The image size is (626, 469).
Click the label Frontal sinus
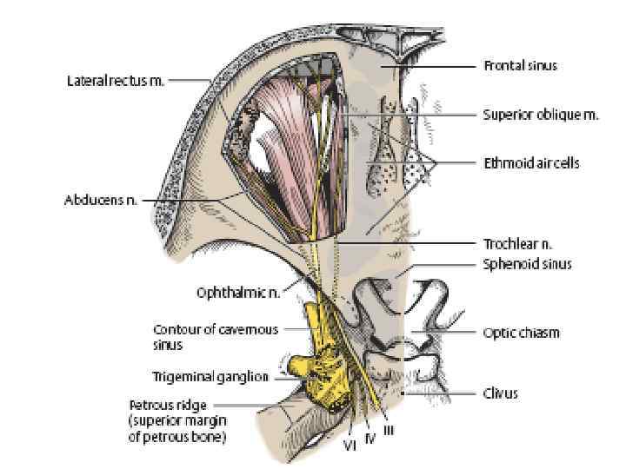click(x=520, y=65)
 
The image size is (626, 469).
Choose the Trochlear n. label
click(x=518, y=245)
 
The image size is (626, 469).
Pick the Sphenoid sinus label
click(x=528, y=264)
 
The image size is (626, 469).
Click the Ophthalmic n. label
click(x=237, y=294)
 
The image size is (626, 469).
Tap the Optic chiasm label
click(x=522, y=332)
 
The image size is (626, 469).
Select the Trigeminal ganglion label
click(x=212, y=377)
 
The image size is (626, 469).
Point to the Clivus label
click(x=501, y=393)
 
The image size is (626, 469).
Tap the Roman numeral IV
click(x=369, y=438)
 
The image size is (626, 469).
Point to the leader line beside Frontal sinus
click(x=439, y=65)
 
